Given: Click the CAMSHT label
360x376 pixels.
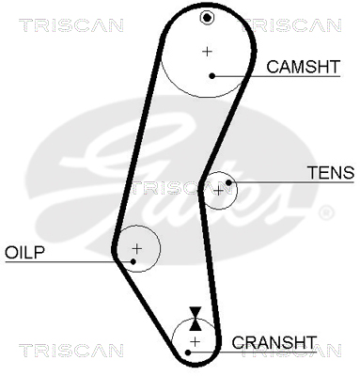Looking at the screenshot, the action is click(x=303, y=67).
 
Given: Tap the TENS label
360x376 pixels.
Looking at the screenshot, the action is click(x=331, y=173).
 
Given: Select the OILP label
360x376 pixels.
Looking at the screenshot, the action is click(x=25, y=252).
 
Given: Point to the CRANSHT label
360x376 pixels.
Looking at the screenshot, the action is click(x=274, y=342).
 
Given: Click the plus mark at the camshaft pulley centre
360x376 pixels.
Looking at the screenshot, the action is click(x=207, y=51).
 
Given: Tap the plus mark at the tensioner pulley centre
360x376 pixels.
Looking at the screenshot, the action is click(x=218, y=190).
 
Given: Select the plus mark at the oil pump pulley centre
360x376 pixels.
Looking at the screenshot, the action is click(x=137, y=249).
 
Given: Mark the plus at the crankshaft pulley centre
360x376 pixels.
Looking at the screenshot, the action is click(x=195, y=341).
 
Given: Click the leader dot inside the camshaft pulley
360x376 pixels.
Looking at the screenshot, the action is click(x=212, y=75).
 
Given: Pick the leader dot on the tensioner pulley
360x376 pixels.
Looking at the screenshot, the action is click(x=228, y=182).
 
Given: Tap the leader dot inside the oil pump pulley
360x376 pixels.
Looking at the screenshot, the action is click(x=133, y=261).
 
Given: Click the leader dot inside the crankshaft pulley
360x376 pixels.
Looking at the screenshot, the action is click(x=188, y=352).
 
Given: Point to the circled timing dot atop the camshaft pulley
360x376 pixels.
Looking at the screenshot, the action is click(x=207, y=18).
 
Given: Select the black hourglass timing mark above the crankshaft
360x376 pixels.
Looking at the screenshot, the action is click(x=196, y=319).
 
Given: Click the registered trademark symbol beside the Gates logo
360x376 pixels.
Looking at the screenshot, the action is click(x=326, y=212).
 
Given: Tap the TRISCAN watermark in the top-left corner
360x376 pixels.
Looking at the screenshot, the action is click(x=71, y=25).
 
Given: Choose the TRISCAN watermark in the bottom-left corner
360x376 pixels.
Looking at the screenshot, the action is click(x=71, y=351).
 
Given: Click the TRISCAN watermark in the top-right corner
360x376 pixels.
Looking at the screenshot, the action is click(x=291, y=25).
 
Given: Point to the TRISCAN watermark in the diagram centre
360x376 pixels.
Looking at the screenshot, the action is click(x=181, y=188).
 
